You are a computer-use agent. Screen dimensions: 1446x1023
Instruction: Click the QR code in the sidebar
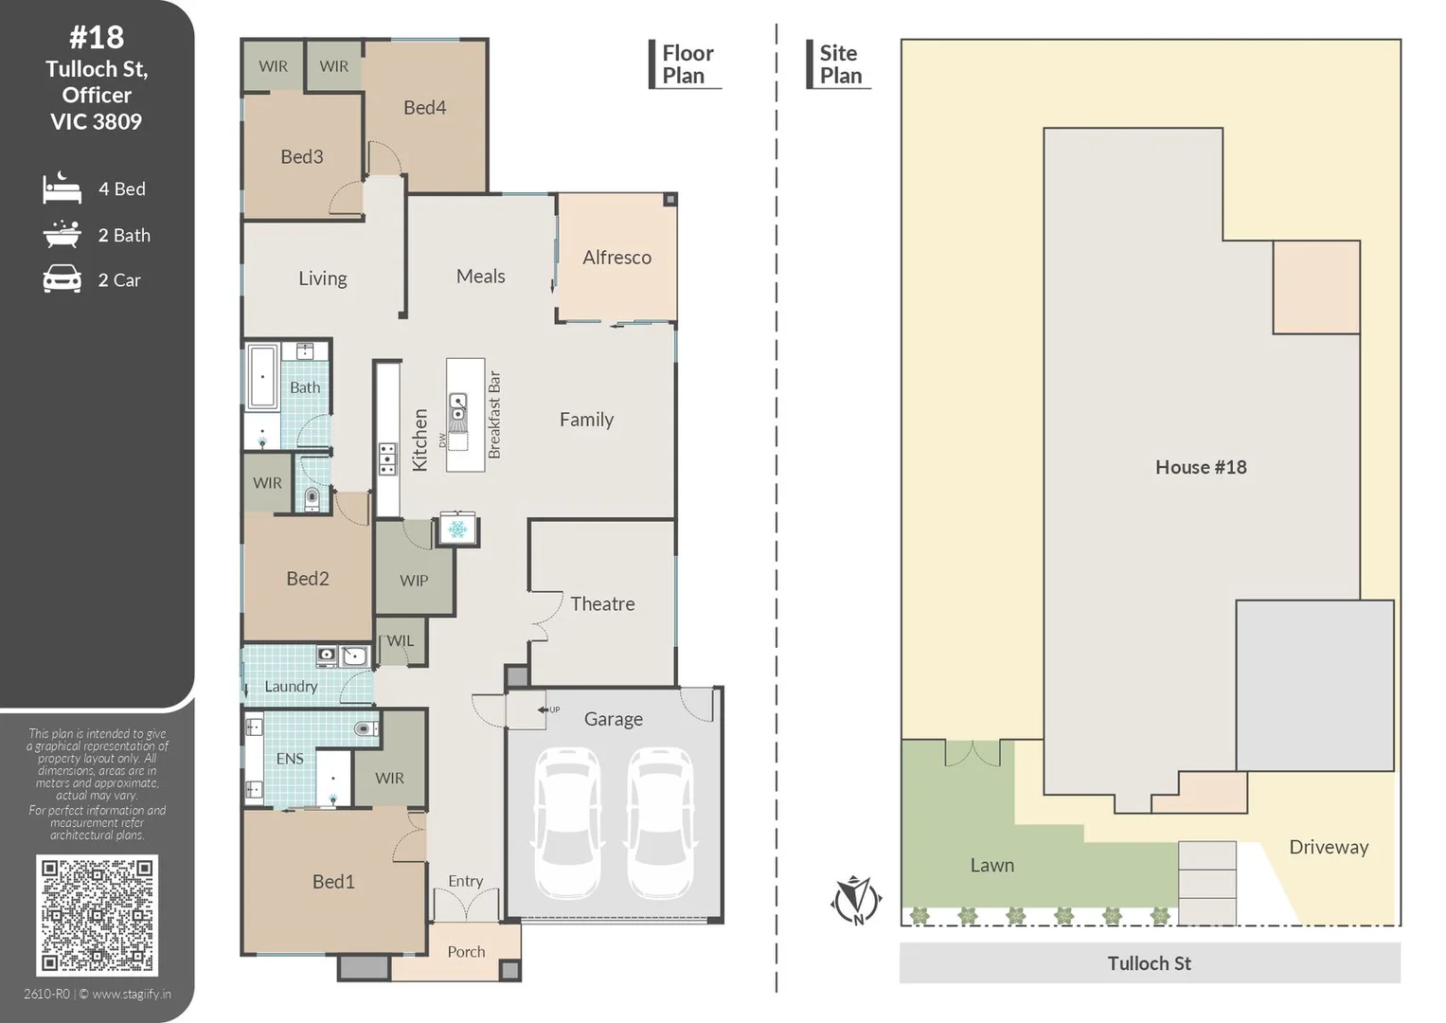coord(97,915)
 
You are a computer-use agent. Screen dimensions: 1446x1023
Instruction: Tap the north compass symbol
coord(857,900)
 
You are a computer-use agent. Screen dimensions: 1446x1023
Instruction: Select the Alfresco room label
coord(616,258)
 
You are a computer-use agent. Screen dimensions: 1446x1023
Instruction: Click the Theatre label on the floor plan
coord(602,604)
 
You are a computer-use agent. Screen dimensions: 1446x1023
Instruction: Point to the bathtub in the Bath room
coord(262,377)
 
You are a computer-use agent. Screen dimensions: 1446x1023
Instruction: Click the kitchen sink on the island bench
coord(457,406)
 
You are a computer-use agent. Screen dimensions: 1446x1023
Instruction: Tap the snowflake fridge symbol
coord(457,529)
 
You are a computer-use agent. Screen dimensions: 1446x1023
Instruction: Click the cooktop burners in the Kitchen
coord(387,459)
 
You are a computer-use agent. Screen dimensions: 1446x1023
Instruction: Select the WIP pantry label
coord(414,581)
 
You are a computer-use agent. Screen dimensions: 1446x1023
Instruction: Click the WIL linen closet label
coord(401,640)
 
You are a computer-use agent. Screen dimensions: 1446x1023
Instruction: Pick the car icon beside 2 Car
coord(62,279)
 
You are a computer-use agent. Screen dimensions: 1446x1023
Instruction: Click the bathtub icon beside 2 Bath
coord(62,235)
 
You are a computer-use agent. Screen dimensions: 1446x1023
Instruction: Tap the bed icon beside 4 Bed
coord(62,188)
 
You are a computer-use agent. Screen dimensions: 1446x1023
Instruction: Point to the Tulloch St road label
coord(1149,963)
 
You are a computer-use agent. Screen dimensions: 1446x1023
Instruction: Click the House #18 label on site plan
coord(1201,467)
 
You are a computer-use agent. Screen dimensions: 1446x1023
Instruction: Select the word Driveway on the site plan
coord(1329,847)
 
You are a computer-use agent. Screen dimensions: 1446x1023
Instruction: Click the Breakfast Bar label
coord(494,415)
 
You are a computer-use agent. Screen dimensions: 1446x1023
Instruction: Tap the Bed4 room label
coord(425,107)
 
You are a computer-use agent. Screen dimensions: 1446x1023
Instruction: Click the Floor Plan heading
coord(687,64)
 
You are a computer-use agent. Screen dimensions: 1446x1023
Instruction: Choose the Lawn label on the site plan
coord(992,866)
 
